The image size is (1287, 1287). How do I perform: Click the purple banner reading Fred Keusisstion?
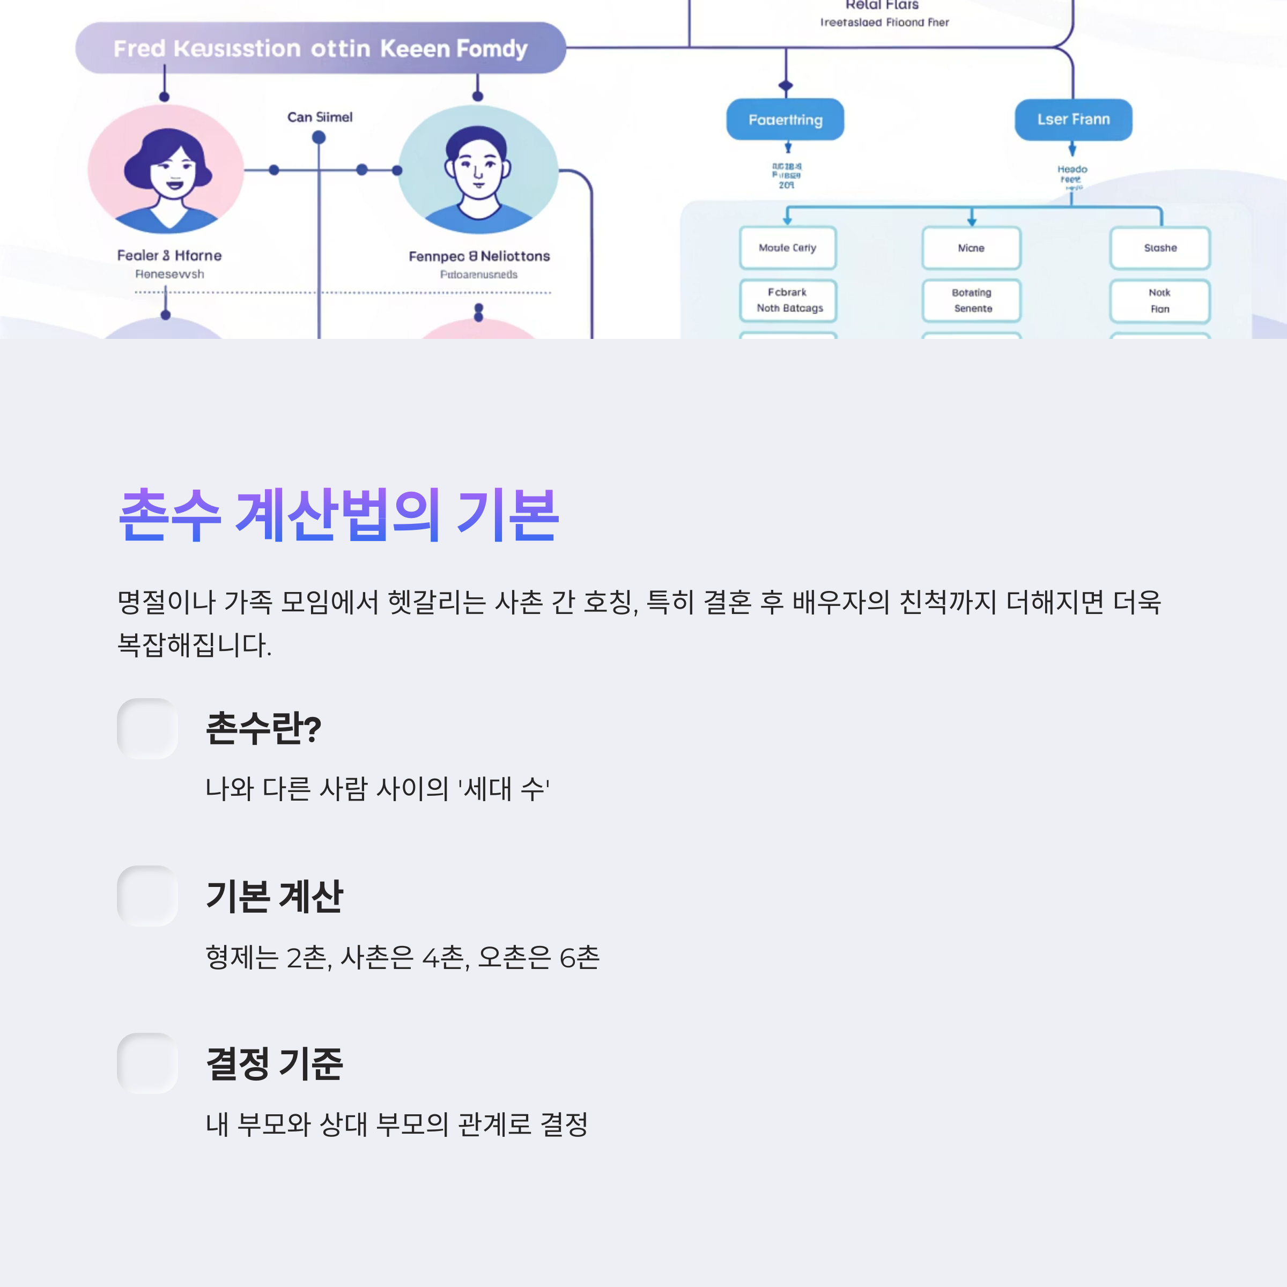321,48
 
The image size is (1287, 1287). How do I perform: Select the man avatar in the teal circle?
478,171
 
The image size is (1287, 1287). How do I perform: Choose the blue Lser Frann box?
1072,120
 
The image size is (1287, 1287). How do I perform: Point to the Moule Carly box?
787,248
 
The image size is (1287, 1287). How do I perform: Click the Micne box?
971,248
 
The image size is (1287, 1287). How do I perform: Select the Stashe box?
1160,248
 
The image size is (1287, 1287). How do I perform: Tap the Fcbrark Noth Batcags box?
788,300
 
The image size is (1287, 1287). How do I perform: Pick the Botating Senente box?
971,300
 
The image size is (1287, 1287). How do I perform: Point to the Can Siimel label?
320,117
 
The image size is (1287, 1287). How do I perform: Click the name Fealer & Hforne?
169,256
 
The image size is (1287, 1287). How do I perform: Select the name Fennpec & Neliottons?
479,256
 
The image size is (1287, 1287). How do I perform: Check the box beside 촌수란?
147,728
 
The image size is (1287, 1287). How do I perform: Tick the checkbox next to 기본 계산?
147,896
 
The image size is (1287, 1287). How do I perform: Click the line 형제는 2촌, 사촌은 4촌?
402,957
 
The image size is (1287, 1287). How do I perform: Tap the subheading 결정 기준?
275,1063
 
